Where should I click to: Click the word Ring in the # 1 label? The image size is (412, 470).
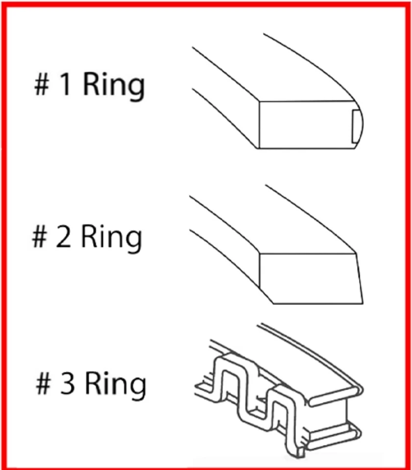coord(114,86)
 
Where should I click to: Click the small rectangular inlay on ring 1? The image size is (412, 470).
coord(356,127)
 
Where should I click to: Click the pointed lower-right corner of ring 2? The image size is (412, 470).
coord(362,302)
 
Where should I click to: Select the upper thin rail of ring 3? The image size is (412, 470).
coord(314,362)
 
